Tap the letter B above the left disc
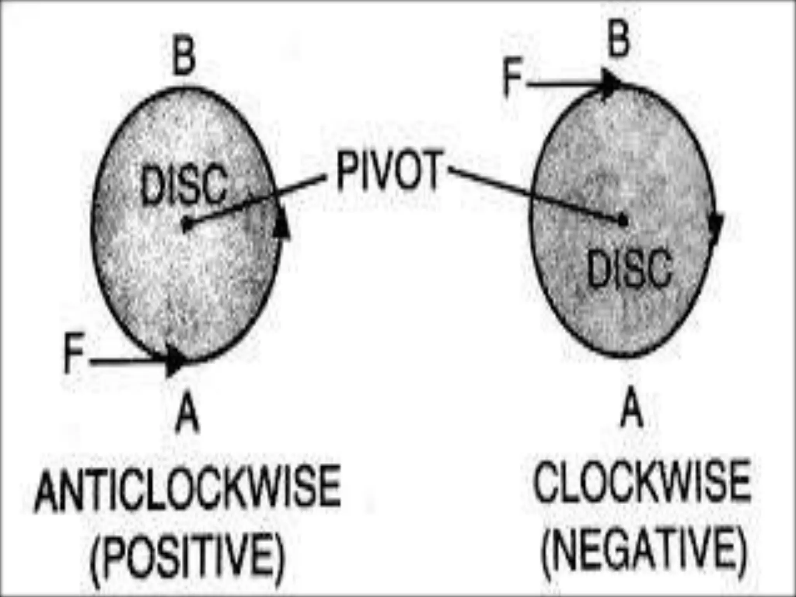coord(183,59)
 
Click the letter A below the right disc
coord(631,408)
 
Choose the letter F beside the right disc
coord(513,79)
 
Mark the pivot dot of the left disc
coord(187,224)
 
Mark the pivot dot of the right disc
coord(623,220)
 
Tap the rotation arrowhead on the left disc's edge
coord(282,223)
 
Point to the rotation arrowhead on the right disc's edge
coord(716,227)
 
